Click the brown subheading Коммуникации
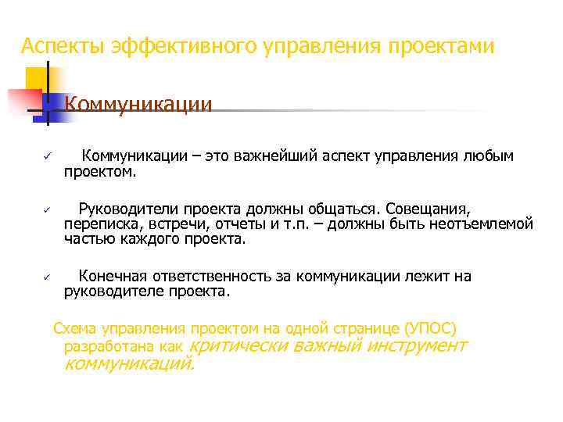pos(138,104)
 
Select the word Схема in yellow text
pos(73,327)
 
